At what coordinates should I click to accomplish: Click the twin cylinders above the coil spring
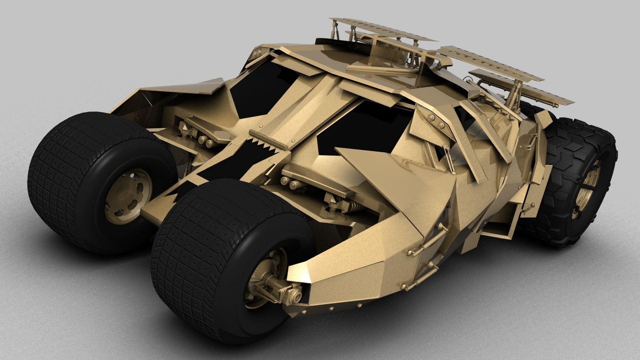point(289,182)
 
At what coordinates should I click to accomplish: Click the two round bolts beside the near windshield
point(437,121)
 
